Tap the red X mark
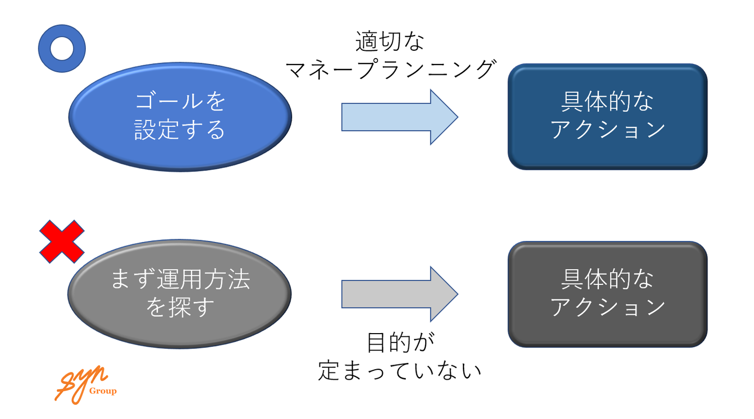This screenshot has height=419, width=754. [62, 241]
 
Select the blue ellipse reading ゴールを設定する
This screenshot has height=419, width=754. [180, 116]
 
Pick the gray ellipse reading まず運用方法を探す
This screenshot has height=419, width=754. [180, 293]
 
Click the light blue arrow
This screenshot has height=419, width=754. [399, 117]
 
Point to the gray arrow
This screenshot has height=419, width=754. [399, 294]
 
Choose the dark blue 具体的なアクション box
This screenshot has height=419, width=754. [607, 116]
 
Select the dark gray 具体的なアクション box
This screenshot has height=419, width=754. [607, 294]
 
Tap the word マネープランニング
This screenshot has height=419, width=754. [390, 69]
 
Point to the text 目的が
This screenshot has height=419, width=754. [400, 343]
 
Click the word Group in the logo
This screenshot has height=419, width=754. [103, 391]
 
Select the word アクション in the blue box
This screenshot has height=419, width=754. [607, 130]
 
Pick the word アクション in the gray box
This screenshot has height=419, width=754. [607, 307]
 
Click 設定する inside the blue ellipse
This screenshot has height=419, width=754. [180, 130]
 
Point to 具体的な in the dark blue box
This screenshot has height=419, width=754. [607, 103]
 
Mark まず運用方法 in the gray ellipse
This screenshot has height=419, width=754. [180, 280]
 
